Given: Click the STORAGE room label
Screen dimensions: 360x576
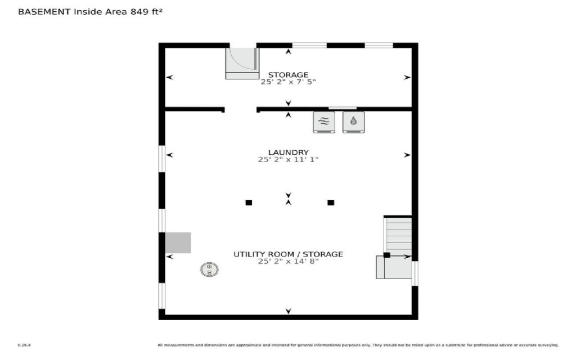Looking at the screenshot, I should tap(288, 75).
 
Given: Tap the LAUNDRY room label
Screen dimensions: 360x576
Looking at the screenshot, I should tap(288, 152).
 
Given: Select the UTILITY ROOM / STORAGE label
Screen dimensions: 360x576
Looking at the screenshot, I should tap(288, 254).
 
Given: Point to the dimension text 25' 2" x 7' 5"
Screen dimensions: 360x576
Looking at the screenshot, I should tap(288, 82).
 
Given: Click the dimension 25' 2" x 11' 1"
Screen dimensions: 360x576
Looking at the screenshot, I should tap(288, 160).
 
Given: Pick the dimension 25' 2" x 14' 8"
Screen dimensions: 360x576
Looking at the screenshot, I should tap(288, 262).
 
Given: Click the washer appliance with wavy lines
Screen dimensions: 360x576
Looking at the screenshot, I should tap(323, 121).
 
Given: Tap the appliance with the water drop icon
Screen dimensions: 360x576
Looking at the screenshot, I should tap(354, 121).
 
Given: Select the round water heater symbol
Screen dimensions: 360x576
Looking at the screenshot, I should tap(209, 269).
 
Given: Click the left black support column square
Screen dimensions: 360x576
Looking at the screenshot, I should tap(249, 202).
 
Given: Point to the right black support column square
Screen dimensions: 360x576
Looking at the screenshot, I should tap(331, 202).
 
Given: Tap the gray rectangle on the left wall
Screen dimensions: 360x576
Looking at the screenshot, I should tap(178, 242).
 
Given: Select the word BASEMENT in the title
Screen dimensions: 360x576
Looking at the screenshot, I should tap(44, 11).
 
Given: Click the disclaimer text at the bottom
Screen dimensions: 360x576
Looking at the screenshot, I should tap(358, 345).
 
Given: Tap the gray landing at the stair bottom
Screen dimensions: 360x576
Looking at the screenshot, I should tap(394, 267).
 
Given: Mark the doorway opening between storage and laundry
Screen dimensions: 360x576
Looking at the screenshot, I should tap(241, 109).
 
